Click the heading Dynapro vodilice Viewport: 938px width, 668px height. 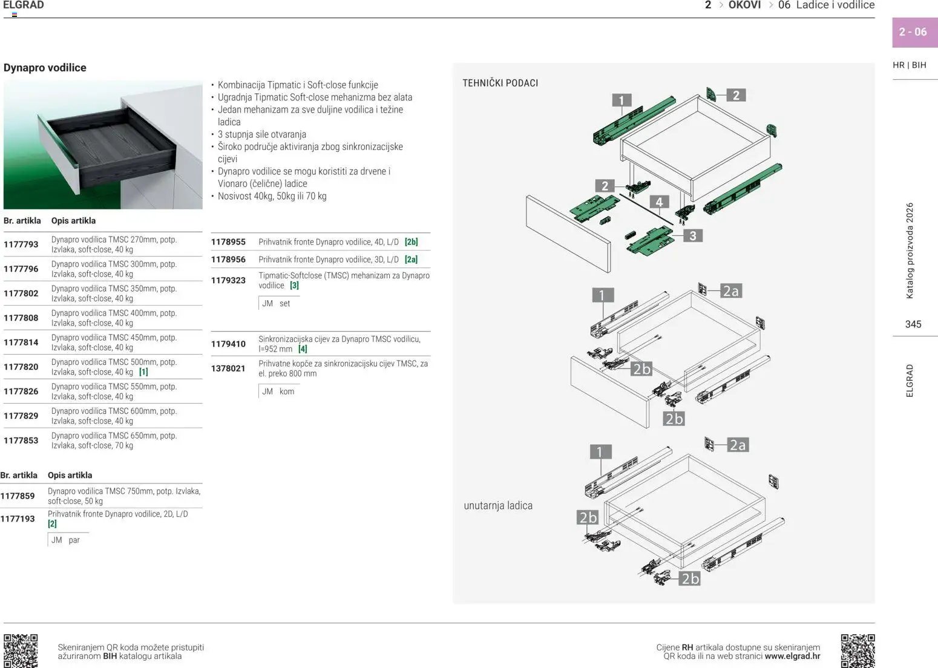[x=45, y=67]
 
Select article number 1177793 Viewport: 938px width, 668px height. [x=21, y=244]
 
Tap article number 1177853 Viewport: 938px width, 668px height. [x=21, y=440]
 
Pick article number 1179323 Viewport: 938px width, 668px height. [x=228, y=280]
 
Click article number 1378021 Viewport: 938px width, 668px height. [x=228, y=368]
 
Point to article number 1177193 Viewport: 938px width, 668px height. [x=18, y=519]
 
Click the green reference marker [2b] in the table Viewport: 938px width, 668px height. [x=412, y=241]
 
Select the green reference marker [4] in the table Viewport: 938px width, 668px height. [x=303, y=349]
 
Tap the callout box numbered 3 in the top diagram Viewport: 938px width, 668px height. [x=693, y=235]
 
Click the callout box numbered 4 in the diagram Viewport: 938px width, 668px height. [x=659, y=202]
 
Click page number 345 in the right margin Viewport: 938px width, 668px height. [x=913, y=324]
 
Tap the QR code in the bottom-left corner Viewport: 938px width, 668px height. [x=21, y=651]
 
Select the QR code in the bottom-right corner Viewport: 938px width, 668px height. [x=858, y=651]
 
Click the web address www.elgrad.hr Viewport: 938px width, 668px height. [x=792, y=657]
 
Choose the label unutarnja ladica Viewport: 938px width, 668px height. [x=498, y=505]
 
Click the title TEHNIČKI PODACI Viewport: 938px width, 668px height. [x=500, y=83]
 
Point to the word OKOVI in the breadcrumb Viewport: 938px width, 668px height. [x=744, y=5]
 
